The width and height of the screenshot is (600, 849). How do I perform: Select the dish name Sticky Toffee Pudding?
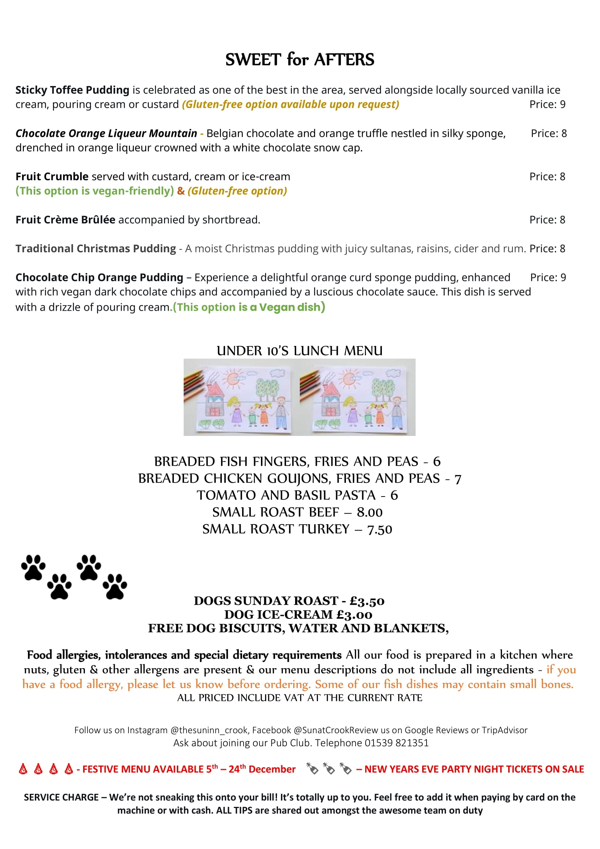(72, 90)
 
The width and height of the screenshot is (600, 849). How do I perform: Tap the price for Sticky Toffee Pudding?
(547, 105)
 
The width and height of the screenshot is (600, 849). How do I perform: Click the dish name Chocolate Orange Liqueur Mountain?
(106, 133)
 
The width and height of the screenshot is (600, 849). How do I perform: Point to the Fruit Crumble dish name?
(52, 176)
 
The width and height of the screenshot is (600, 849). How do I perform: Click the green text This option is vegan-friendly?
(94, 191)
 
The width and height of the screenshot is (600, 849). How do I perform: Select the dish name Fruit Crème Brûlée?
(65, 220)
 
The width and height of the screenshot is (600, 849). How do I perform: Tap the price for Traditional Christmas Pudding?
(547, 249)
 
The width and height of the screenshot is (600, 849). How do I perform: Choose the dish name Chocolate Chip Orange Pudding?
(99, 277)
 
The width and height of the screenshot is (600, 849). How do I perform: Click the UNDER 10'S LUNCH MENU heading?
(299, 351)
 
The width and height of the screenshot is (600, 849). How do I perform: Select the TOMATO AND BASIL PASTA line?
(297, 495)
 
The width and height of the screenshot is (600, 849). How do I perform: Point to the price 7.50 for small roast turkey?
(379, 529)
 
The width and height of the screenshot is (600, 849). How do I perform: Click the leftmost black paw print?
(33, 567)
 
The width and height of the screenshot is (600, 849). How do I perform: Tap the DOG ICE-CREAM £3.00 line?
(298, 615)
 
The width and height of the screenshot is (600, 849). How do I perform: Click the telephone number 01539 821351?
(396, 743)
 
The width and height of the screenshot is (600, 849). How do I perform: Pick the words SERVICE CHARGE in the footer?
(61, 797)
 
